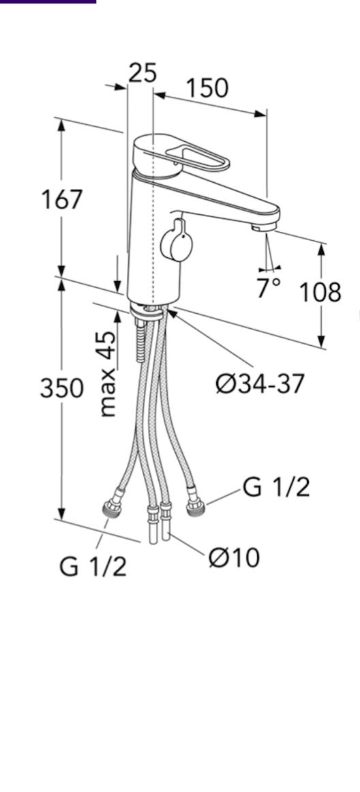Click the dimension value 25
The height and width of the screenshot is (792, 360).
pos(142,73)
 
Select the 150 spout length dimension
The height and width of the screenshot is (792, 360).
pos(207,89)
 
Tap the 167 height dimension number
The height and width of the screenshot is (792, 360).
pos(61,199)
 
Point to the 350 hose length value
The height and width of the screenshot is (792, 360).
pos(61,389)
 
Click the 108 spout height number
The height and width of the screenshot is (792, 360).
pos(320,292)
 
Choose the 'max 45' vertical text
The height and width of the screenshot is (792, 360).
pos(106,374)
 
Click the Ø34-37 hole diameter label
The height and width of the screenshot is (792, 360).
pos(260,384)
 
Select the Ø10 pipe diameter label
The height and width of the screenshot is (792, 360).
pos(234,557)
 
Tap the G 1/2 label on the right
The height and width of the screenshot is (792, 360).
pos(275,488)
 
